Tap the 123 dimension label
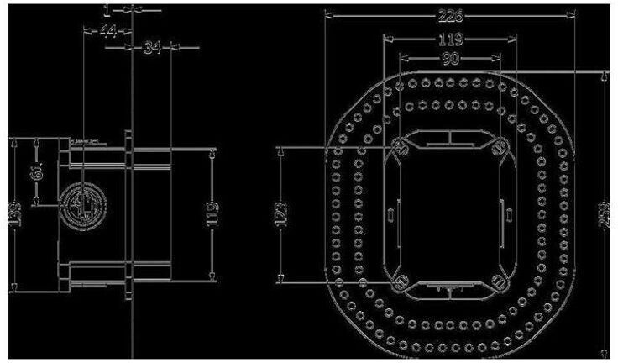(x=281, y=214)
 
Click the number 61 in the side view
(x=36, y=174)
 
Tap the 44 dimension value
(x=108, y=31)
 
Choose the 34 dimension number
(x=152, y=48)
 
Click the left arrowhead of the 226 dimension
(x=327, y=14)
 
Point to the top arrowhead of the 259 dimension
(x=605, y=74)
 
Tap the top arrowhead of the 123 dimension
(x=281, y=149)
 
